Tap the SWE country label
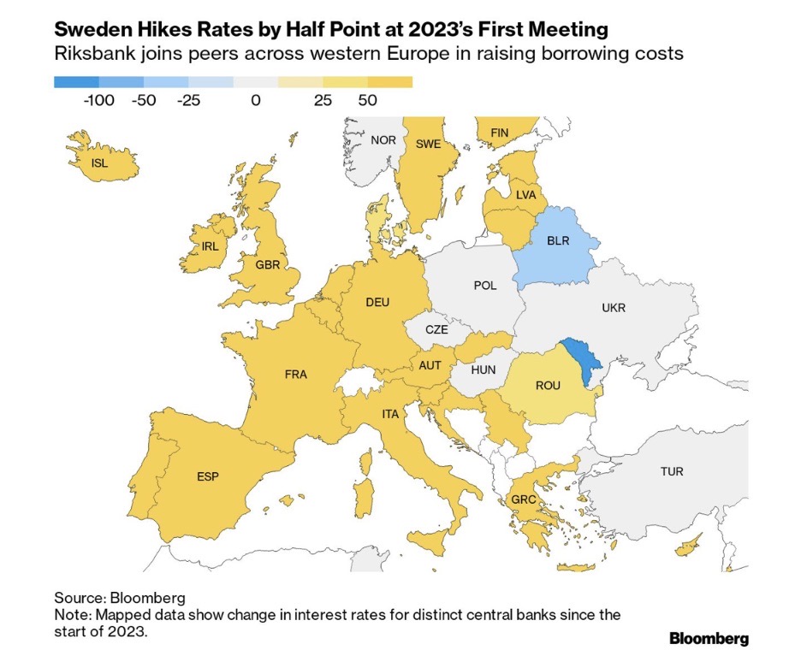coord(428,144)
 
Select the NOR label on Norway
coord(383,139)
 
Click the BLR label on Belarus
coord(558,241)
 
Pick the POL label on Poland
coord(485,285)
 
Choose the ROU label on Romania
coord(548,385)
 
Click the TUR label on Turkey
coord(672,471)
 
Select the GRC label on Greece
coord(524,499)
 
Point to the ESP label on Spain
coord(208,476)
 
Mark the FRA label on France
coord(296,374)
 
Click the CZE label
coord(436,329)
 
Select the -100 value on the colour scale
coord(98,100)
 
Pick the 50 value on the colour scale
coord(368,100)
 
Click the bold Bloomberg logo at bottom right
coord(709,638)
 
